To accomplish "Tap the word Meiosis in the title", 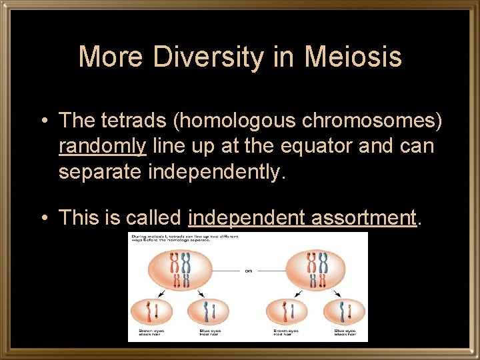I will [353, 57].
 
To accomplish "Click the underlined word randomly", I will [101, 146].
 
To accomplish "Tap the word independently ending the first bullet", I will [216, 171].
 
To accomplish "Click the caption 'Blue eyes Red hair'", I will [211, 331].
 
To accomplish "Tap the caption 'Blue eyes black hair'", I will [345, 331].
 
